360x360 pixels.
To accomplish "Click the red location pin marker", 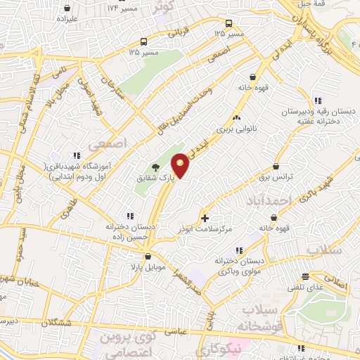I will (x=181, y=166).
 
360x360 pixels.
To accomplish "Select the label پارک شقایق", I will (x=136, y=179).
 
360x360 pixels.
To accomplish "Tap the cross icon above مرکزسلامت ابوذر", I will (x=205, y=218).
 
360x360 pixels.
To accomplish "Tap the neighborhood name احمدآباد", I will (x=268, y=202).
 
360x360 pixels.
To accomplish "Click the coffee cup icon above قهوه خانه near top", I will (x=252, y=78).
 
